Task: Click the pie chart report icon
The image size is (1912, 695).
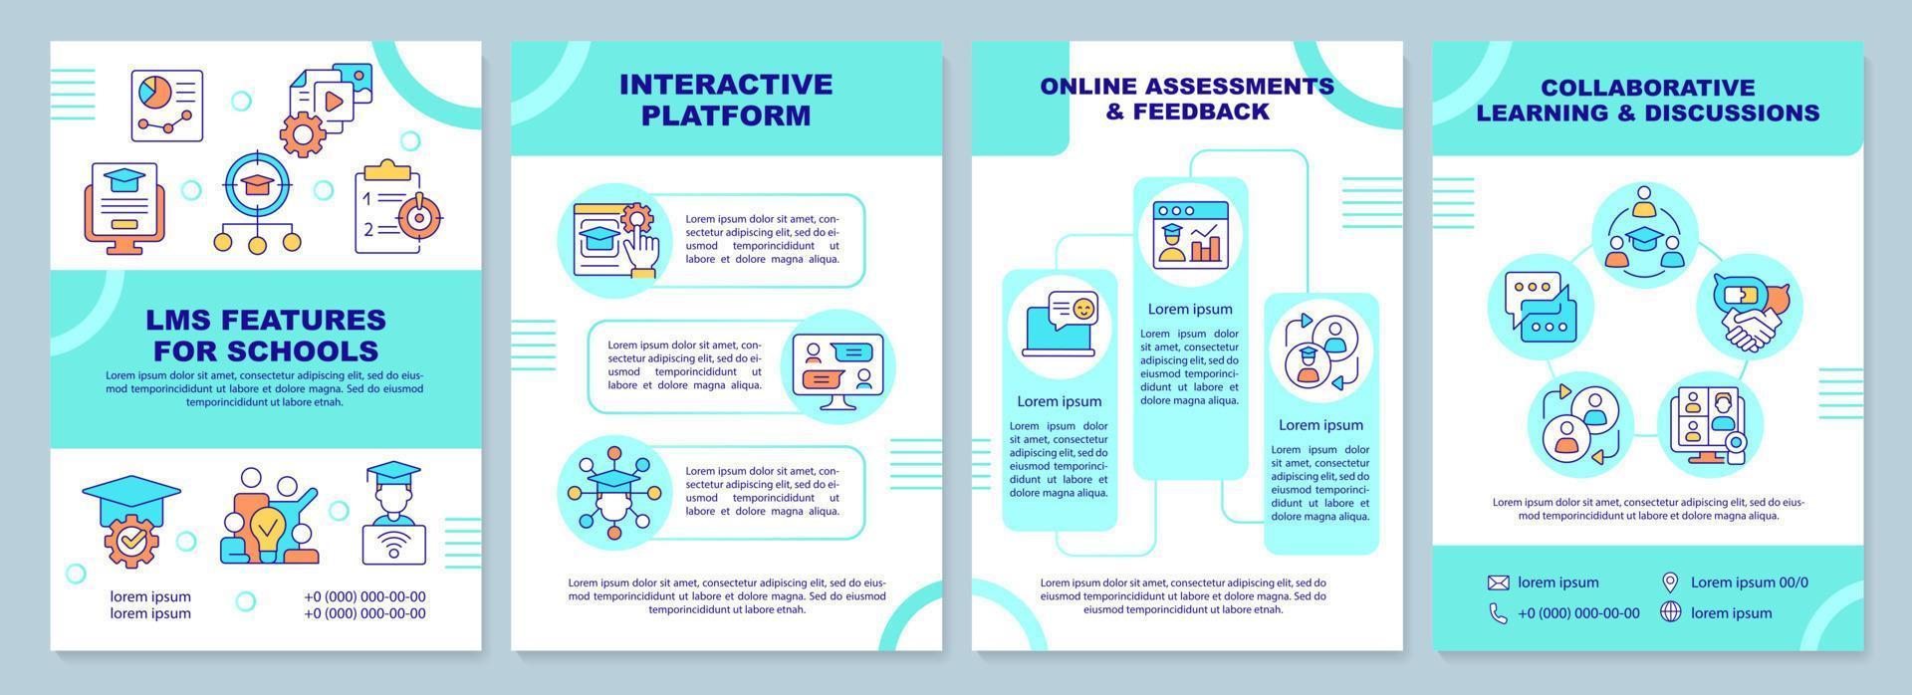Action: pos(166,106)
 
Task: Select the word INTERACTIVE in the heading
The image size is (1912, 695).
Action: pos(725,84)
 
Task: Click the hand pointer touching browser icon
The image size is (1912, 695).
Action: pos(614,238)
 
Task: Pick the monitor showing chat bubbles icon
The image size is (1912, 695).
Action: pos(837,365)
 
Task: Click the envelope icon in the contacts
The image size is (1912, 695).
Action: pos(1498,582)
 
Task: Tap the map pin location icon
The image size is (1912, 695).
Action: pos(1670,582)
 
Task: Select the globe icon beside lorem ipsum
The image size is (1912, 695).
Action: pos(1670,612)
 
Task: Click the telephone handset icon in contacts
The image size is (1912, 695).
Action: pos(1498,613)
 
